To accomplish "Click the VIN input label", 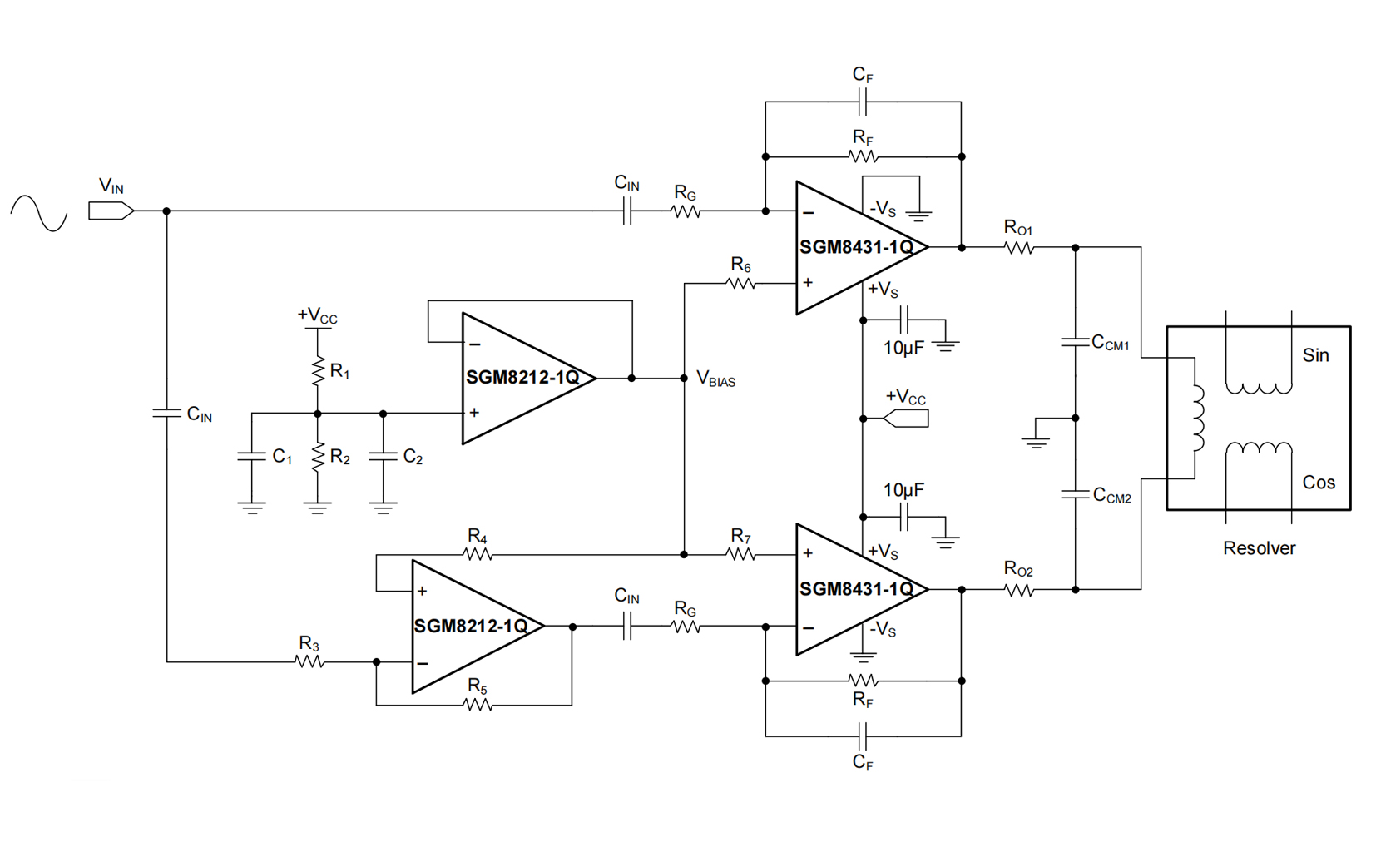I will [x=111, y=186].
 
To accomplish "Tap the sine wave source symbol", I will [x=38, y=213].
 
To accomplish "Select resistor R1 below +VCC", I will [x=317, y=371].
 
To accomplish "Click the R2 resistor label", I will [x=340, y=457].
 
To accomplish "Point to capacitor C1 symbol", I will [x=251, y=456].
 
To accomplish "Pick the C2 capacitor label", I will [x=413, y=457].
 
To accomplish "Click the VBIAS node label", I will [x=715, y=379].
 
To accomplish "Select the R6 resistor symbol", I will [x=740, y=284].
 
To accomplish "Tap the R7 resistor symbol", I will [x=740, y=554].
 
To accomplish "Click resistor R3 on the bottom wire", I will [x=309, y=662].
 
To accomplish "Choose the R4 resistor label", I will [x=477, y=536].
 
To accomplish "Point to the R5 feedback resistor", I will [x=477, y=705].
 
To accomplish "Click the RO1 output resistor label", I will [x=1018, y=228].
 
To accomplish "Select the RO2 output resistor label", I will [x=1018, y=570].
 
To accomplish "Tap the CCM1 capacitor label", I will [x=1111, y=343].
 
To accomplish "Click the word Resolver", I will [x=1259, y=548].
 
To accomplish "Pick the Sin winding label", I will [x=1315, y=355].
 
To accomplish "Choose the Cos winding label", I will [x=1319, y=483].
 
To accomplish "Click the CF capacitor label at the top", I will [x=863, y=75].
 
